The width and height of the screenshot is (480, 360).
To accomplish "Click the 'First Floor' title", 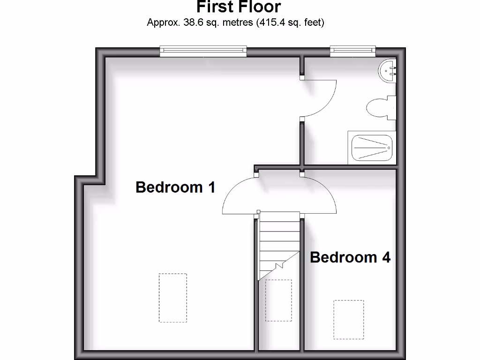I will (x=239, y=7).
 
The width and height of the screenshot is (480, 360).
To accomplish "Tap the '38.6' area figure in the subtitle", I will (x=191, y=22).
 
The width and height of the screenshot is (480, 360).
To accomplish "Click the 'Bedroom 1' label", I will (x=175, y=187).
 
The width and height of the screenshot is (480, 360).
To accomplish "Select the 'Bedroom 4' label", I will (x=350, y=257).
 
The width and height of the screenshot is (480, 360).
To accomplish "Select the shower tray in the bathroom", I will (x=371, y=148).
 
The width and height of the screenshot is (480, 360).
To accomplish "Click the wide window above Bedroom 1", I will (x=203, y=51).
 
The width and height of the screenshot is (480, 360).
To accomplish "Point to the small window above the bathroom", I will (x=352, y=51).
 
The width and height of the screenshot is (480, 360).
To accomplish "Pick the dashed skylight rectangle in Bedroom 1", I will (x=172, y=298).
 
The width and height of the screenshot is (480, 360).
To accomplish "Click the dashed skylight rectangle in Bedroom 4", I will (x=348, y=319).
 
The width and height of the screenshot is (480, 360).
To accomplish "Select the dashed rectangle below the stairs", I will (x=278, y=300).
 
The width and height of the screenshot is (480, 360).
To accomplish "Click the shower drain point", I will (x=388, y=147).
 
